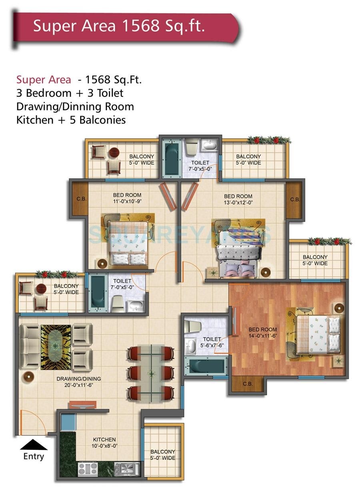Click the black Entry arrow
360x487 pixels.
coord(34,444)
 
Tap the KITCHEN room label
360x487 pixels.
coord(104,439)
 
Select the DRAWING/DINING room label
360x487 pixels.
coord(78,379)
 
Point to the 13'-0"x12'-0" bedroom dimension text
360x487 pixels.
coord(238,202)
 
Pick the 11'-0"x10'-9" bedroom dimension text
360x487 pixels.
coord(127,201)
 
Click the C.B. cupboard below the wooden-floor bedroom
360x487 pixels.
coord(248,384)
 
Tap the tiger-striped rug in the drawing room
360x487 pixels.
coord(56,347)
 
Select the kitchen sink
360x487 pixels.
coord(127,468)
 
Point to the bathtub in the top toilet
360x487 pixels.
coord(172,158)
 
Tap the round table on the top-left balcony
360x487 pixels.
coord(114,152)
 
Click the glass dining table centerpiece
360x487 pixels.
coord(151,374)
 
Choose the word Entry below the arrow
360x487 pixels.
coord(34,457)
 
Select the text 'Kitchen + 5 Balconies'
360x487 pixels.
coord(71,120)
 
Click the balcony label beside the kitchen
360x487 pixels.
coord(163,455)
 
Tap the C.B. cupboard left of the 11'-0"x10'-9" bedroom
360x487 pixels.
coord(79,199)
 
